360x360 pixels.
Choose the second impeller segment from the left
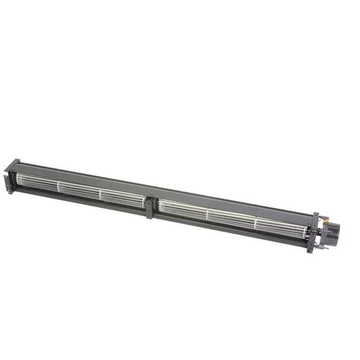79,190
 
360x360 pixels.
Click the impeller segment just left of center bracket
122,198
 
